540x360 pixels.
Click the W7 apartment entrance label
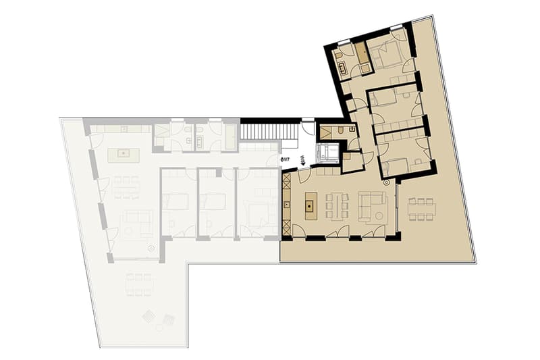[285, 159]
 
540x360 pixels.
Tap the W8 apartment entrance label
[301, 161]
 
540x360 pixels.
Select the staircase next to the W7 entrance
[269, 131]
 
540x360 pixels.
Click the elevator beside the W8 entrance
[327, 152]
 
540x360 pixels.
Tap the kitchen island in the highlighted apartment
[310, 206]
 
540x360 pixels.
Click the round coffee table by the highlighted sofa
[379, 216]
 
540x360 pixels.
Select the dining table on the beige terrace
[421, 209]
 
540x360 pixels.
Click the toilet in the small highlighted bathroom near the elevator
[340, 131]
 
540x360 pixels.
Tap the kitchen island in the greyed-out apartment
[124, 155]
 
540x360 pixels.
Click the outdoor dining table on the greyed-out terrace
[139, 285]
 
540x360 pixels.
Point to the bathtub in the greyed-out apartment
[230, 136]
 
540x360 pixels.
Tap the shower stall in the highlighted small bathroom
[325, 132]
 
